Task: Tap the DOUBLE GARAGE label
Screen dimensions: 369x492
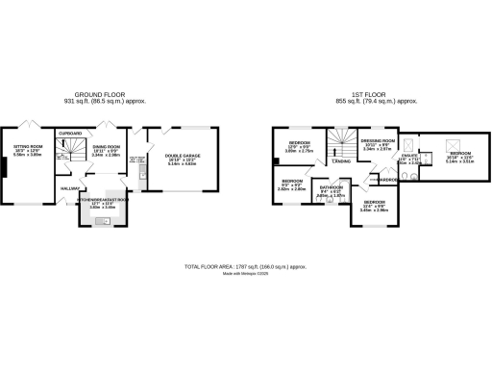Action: coord(183,156)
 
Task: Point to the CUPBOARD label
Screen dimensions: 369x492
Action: coord(70,133)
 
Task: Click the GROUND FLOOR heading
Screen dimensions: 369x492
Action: coord(109,94)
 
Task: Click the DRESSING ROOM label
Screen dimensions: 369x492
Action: coord(376,140)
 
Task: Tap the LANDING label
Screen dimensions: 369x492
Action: coord(341,161)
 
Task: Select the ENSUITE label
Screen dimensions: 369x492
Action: coord(408,158)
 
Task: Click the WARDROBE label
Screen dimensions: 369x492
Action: coord(389,180)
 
